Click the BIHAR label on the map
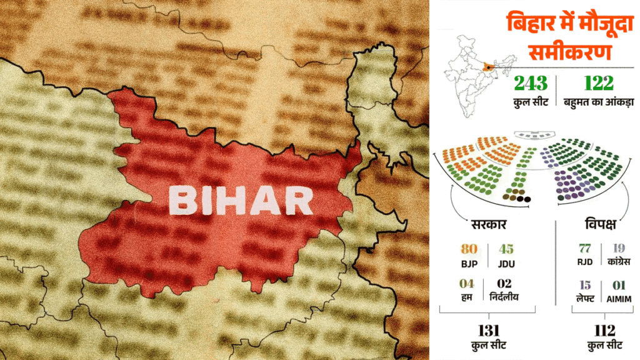click(x=241, y=201)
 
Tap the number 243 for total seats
click(x=531, y=84)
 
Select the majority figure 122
click(x=598, y=84)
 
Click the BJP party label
click(x=469, y=264)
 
